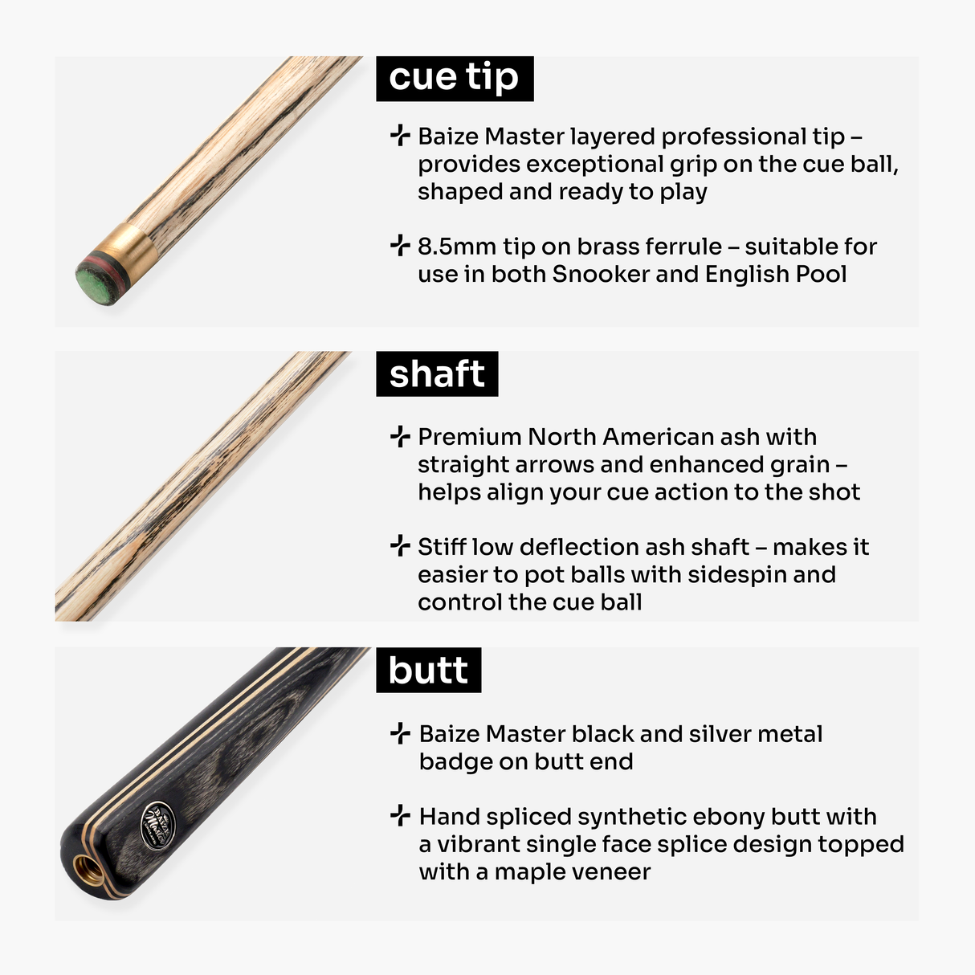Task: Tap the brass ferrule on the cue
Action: pyautogui.click(x=133, y=247)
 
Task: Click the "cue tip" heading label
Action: pyautogui.click(x=454, y=78)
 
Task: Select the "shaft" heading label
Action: pyautogui.click(x=437, y=373)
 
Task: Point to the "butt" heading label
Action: pyautogui.click(x=428, y=670)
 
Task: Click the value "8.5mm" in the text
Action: pyautogui.click(x=456, y=247)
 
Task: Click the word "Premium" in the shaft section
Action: pyautogui.click(x=470, y=437)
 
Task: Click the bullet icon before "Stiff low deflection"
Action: pyautogui.click(x=400, y=547)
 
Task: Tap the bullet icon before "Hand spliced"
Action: pyautogui.click(x=400, y=817)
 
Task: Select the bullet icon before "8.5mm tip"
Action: pyautogui.click(x=400, y=246)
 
